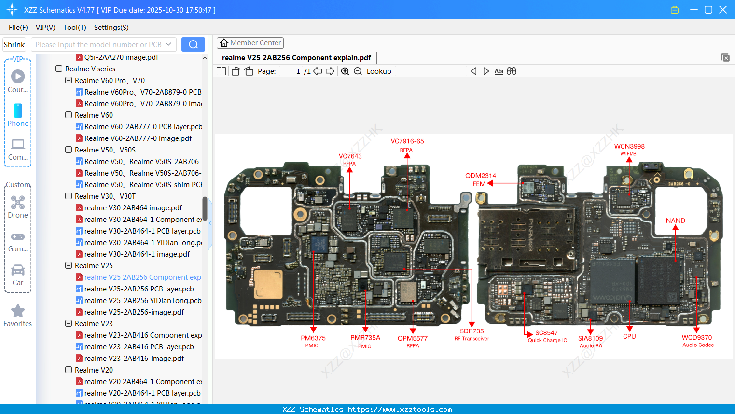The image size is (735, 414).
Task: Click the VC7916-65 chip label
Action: (x=407, y=141)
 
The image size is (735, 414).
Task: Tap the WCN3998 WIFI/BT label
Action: (x=629, y=147)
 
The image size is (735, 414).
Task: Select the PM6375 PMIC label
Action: (x=313, y=338)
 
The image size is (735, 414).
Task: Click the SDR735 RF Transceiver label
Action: (x=472, y=331)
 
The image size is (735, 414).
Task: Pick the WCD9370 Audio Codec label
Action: (x=696, y=338)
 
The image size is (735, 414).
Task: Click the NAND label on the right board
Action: (x=675, y=221)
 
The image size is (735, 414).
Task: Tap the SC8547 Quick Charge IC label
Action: (x=546, y=333)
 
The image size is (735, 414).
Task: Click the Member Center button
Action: (x=250, y=43)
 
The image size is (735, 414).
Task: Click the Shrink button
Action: (x=14, y=45)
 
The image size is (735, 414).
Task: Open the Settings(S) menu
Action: (x=111, y=28)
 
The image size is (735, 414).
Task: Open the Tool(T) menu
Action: (x=74, y=28)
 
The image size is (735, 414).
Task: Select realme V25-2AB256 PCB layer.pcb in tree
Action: (x=139, y=289)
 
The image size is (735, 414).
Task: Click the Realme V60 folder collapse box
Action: (x=69, y=115)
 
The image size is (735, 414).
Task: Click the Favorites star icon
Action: (x=18, y=311)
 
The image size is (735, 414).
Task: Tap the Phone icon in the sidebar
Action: (x=18, y=111)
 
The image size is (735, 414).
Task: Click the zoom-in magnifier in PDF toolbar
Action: (x=345, y=71)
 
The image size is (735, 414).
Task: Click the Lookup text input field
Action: (x=430, y=71)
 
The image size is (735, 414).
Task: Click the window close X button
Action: (x=722, y=10)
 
